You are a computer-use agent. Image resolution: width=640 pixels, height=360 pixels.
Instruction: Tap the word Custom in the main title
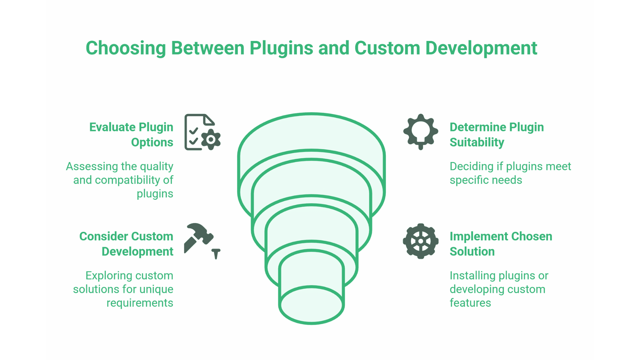click(387, 48)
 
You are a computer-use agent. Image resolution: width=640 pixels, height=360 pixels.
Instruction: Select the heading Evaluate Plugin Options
click(131, 135)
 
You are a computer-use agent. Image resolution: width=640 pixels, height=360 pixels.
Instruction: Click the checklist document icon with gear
click(202, 132)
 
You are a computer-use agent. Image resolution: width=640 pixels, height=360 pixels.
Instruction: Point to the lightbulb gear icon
click(421, 132)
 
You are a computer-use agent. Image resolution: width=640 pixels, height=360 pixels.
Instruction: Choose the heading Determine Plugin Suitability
click(496, 135)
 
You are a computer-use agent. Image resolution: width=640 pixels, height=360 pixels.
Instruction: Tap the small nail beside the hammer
click(216, 254)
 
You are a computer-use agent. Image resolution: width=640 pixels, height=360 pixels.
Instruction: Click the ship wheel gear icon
click(421, 241)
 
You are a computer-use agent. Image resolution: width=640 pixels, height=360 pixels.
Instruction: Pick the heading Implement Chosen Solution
click(501, 244)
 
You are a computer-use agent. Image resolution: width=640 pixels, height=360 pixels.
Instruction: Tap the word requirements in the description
click(140, 303)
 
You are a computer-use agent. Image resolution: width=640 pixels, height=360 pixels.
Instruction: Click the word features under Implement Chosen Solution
click(470, 303)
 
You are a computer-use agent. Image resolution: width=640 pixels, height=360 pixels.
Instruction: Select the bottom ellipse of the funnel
click(311, 304)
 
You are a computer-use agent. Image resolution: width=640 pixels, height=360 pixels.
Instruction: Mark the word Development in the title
click(481, 48)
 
